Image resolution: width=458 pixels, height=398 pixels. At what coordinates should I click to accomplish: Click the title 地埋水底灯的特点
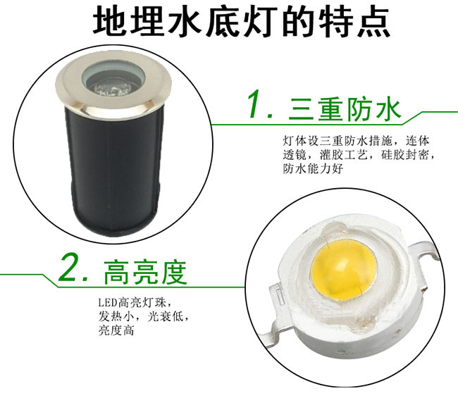[x=242, y=22]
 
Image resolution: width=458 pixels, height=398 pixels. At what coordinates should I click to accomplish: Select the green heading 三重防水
[x=345, y=109]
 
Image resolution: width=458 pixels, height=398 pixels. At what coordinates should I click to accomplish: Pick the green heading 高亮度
[x=145, y=272]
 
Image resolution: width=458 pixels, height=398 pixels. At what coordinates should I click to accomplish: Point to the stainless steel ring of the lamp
[x=113, y=87]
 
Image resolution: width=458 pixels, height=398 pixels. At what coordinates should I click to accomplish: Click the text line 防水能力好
[x=313, y=169]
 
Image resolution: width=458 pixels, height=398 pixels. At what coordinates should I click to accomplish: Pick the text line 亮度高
[x=116, y=330]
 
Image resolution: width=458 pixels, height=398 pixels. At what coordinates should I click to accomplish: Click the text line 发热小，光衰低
[x=142, y=316]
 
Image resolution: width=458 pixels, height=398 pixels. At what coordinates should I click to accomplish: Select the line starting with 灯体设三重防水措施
[x=356, y=141]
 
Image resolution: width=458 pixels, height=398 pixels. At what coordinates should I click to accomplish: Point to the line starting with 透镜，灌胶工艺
[x=357, y=155]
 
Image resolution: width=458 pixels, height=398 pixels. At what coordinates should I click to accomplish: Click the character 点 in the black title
[x=374, y=22]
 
